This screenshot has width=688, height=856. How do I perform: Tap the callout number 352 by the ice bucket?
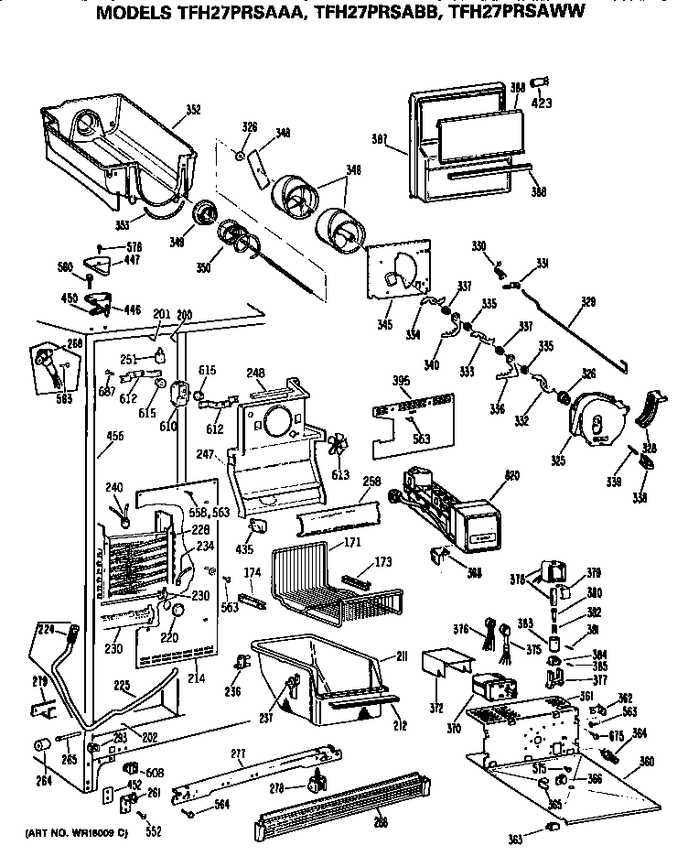click(193, 110)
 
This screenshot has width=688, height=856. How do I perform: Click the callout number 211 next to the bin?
click(402, 656)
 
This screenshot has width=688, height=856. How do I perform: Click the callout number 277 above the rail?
click(238, 753)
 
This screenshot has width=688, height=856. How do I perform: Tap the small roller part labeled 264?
click(41, 748)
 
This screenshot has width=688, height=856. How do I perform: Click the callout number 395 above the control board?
click(374, 380)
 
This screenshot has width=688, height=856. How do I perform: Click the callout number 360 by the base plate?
click(648, 762)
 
